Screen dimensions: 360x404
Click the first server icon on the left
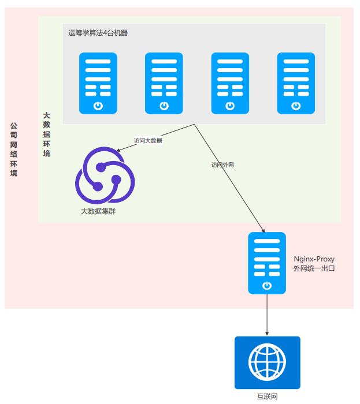click(98, 83)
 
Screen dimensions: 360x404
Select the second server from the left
click(164, 83)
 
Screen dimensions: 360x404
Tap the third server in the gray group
click(230, 83)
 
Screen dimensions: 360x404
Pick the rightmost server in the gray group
click(296, 83)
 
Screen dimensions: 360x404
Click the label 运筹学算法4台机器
click(98, 33)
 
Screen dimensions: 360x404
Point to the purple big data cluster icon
click(105, 175)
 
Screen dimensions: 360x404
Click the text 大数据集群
click(98, 211)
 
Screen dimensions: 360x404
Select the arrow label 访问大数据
click(148, 141)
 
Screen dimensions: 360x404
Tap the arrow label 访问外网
click(222, 165)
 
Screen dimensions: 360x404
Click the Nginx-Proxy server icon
click(267, 263)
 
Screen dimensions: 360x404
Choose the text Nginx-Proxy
click(314, 259)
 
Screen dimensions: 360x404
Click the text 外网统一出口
click(314, 268)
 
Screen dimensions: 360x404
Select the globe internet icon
click(268, 362)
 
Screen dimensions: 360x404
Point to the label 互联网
click(268, 396)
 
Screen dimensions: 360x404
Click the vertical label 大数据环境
click(47, 134)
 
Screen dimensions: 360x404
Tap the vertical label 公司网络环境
click(14, 149)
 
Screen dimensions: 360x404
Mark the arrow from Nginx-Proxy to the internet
click(267, 315)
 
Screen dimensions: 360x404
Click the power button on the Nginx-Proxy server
click(267, 286)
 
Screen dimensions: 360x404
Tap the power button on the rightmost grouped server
click(296, 106)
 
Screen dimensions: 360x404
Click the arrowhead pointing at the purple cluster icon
click(118, 150)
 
